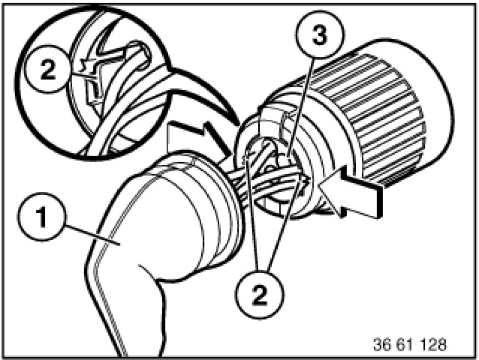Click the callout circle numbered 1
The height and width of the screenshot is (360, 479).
42,217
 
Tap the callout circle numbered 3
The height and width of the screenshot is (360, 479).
320,34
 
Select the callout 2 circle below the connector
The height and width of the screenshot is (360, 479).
260,294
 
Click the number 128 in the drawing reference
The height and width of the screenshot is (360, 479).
433,344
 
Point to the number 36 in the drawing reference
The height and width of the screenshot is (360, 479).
382,344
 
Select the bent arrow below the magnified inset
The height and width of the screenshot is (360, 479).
199,138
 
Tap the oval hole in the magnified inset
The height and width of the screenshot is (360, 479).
139,54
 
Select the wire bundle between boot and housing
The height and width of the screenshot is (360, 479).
263,183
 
